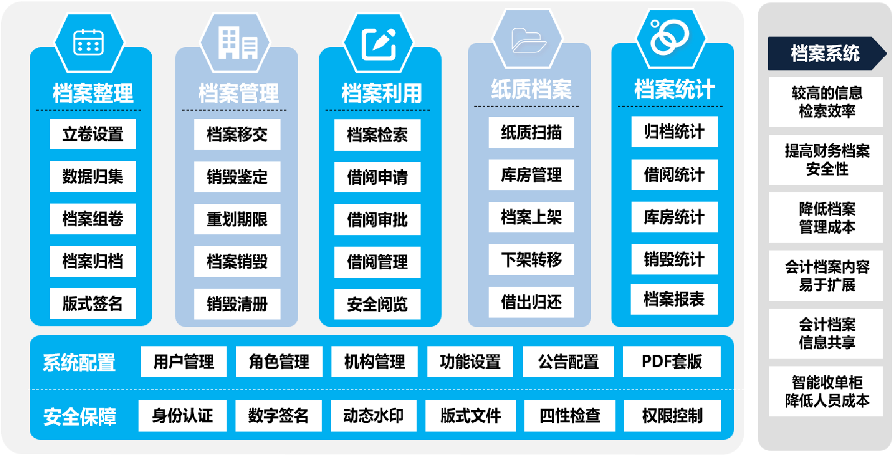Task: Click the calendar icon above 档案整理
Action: [x=89, y=42]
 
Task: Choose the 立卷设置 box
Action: [x=93, y=134]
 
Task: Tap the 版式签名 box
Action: [x=93, y=303]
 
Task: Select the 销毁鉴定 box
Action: [x=237, y=177]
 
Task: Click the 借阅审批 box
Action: [x=377, y=220]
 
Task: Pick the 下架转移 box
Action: [x=531, y=259]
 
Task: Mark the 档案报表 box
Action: [x=674, y=299]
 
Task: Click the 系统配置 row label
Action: [x=79, y=363]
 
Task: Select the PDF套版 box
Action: [x=671, y=362]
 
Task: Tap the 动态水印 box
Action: [x=373, y=416]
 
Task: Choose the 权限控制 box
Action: [x=672, y=416]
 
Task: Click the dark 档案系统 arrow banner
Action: [x=825, y=53]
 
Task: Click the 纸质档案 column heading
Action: [x=531, y=89]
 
